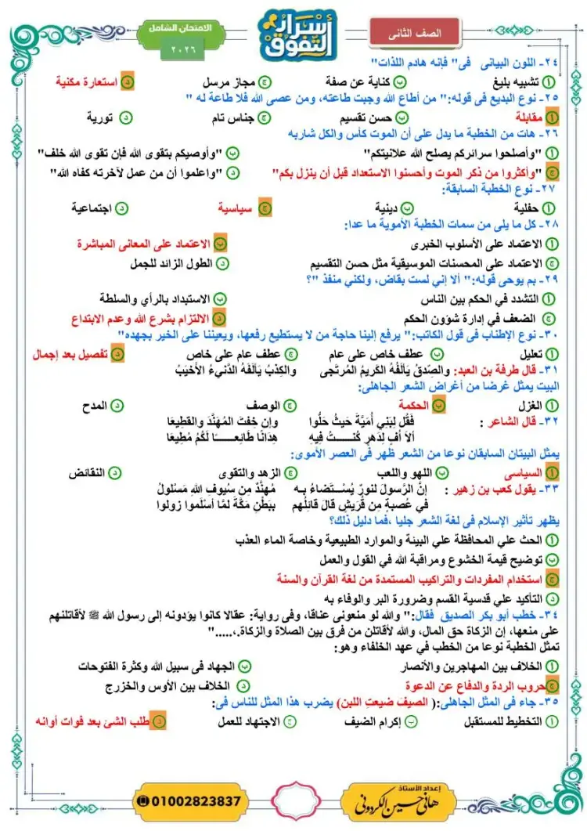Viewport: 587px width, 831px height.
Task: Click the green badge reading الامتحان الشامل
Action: (x=178, y=27)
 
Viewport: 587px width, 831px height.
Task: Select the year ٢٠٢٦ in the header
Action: (x=180, y=49)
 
